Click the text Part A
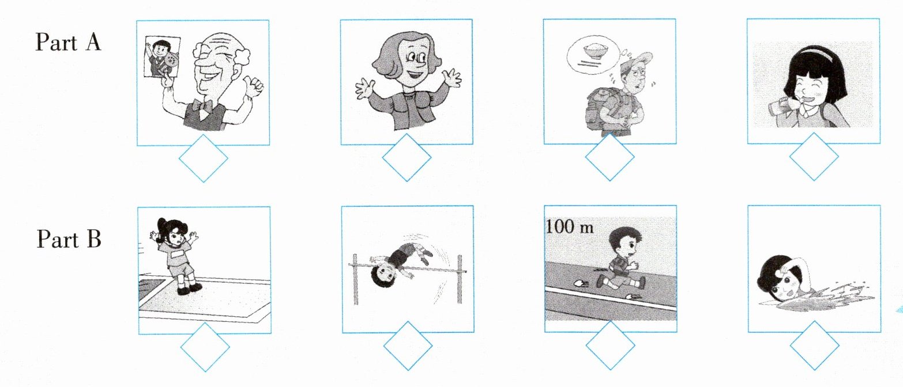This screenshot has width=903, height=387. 68,42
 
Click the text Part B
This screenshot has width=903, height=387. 69,239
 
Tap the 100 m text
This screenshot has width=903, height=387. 569,227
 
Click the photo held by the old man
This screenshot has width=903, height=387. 163,57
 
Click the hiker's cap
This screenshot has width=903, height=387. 637,59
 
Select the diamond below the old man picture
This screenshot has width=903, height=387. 203,158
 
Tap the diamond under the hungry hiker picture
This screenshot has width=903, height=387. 609,157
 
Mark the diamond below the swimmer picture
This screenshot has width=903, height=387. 814,346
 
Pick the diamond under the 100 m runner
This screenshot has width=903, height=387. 610,345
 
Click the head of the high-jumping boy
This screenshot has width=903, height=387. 383,276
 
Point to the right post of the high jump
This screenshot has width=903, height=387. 459,279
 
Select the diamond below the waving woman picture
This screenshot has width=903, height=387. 407,157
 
